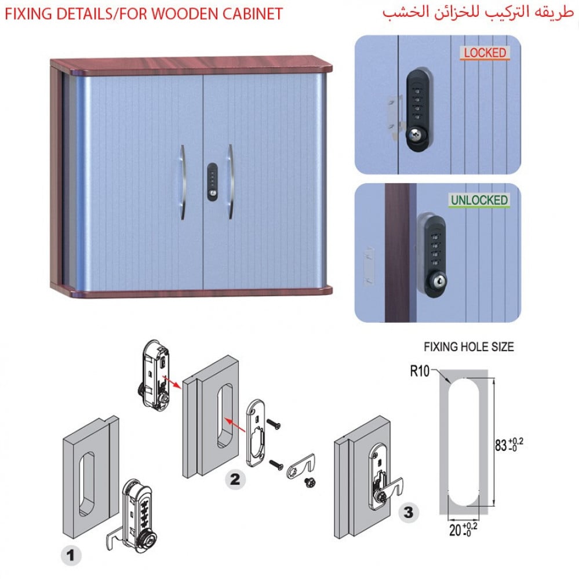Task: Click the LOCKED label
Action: [x=485, y=53]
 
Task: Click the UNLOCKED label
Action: [x=479, y=201]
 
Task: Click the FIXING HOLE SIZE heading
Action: [x=468, y=347]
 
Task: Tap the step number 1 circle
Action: [x=71, y=556]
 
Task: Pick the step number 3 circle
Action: [x=408, y=512]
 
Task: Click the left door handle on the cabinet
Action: [x=182, y=181]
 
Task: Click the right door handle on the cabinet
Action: [x=230, y=181]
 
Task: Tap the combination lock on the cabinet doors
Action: [x=212, y=181]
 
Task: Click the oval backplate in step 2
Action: [x=256, y=432]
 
